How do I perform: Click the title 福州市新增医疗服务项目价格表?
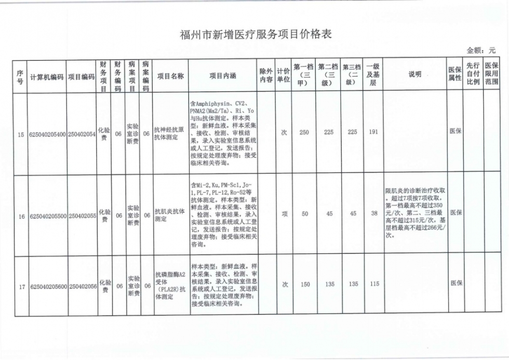click(254, 35)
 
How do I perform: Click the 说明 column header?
click(415, 76)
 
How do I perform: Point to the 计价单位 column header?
click(283, 76)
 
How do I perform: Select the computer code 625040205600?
click(48, 286)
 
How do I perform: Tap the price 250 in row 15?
click(304, 133)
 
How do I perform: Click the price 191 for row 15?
click(372, 133)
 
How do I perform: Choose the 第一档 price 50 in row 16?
click(305, 214)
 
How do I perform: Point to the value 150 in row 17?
click(305, 285)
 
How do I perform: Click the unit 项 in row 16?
click(284, 214)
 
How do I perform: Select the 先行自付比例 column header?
click(473, 76)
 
